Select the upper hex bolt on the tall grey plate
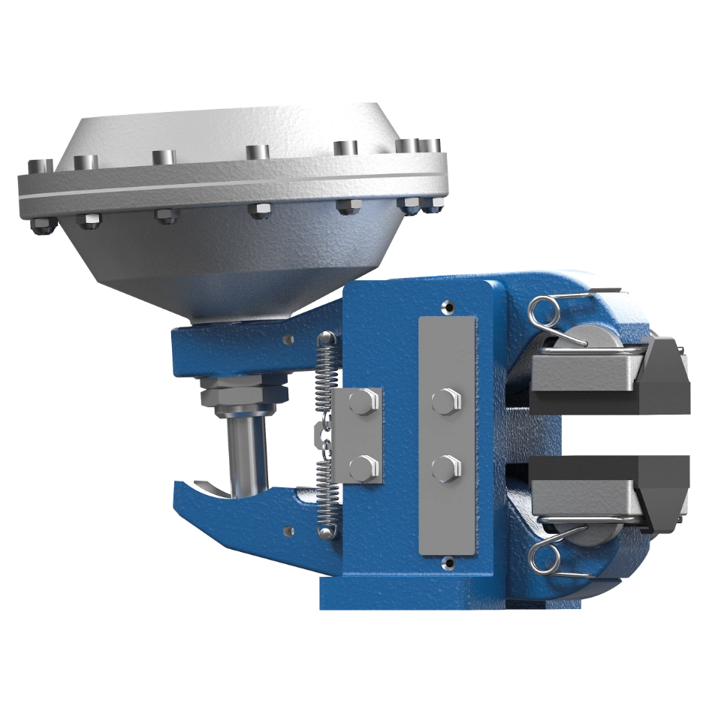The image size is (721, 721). (x=447, y=400)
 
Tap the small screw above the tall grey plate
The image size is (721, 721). (x=448, y=307)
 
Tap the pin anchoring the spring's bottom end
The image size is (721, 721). (x=324, y=532)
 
